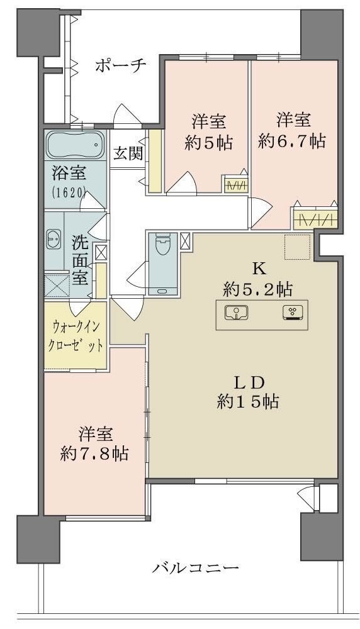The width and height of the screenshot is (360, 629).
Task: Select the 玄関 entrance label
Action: [x=128, y=153]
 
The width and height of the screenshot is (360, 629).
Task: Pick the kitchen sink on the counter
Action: [x=236, y=313]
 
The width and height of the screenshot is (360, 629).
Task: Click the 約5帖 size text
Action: [x=208, y=142]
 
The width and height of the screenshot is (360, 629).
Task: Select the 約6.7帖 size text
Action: [x=292, y=141]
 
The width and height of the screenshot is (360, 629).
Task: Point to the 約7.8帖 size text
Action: [x=94, y=454]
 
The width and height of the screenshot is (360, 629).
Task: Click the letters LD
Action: [x=248, y=384]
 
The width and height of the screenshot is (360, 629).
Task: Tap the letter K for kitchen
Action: [x=258, y=269]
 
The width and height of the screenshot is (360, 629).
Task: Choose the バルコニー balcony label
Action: [x=196, y=568]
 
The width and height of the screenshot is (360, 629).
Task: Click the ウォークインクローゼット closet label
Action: [x=76, y=335]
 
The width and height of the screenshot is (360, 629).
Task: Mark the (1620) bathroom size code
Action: [x=69, y=192]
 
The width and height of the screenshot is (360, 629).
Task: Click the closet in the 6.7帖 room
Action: [x=315, y=219]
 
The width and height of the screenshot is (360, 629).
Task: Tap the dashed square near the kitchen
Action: [x=298, y=247]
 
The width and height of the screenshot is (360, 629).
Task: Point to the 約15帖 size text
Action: [x=248, y=401]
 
